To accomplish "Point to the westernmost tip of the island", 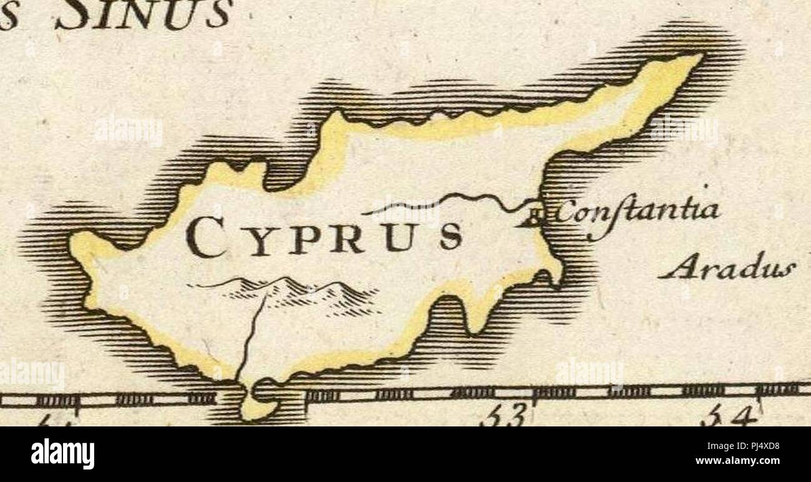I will [74, 240].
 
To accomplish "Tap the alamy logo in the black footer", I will [62, 455].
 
